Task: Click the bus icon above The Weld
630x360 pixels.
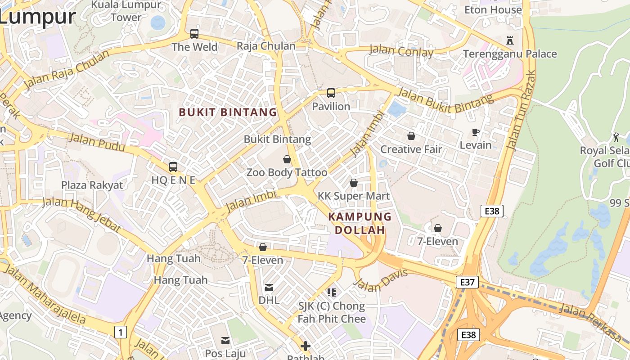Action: pos(194,33)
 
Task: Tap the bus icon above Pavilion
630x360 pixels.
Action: pos(331,93)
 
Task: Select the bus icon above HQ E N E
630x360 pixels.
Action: pos(173,167)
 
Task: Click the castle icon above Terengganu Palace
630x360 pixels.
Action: pos(510,40)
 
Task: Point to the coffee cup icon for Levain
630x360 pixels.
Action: pos(475,132)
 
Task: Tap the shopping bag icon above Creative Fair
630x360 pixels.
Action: pos(411,136)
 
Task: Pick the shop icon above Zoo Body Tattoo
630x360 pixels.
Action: pos(287,159)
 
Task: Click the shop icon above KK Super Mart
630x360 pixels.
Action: pos(354,183)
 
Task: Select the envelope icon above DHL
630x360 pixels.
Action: pos(269,287)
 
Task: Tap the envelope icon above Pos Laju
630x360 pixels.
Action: pos(225,340)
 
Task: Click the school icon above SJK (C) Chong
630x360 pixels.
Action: pos(332,293)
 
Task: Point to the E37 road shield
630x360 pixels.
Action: pos(467,282)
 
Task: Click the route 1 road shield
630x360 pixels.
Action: pos(120,332)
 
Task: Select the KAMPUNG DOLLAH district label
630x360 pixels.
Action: pos(360,223)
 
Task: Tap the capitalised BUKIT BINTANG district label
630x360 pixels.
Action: pos(228,112)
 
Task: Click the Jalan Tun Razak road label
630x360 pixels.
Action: pos(521,110)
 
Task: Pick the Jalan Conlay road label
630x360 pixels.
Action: pos(401,51)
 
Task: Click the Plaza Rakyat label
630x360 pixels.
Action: pos(92,185)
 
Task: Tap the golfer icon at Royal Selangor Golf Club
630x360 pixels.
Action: pos(616,137)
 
